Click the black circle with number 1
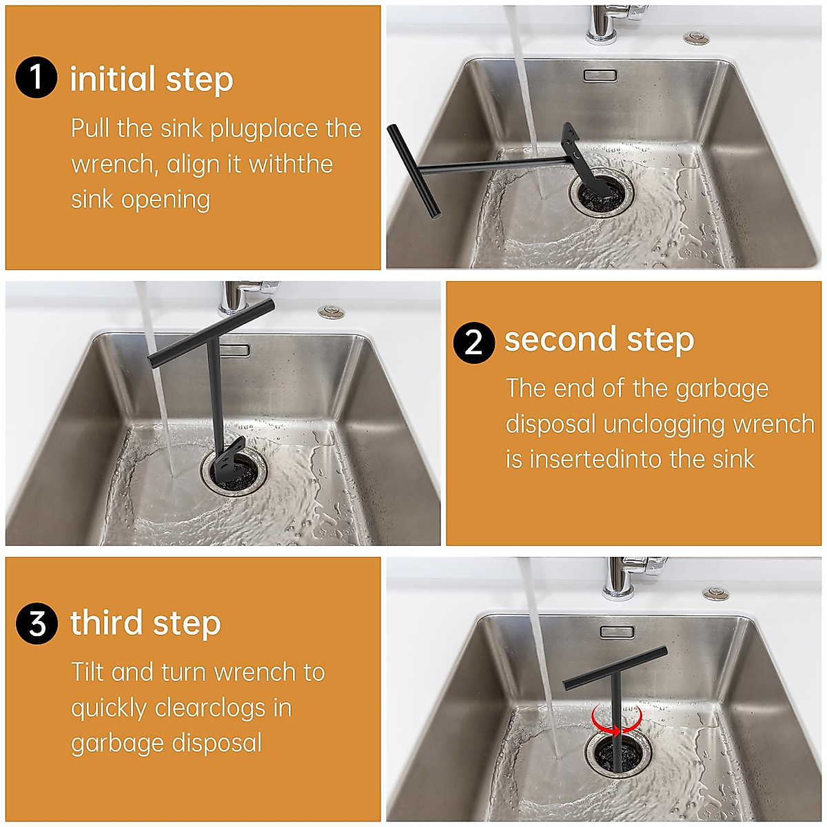point(36,78)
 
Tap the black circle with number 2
point(473,343)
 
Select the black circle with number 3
point(37,623)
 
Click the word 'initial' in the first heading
point(112,79)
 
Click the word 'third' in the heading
point(106,623)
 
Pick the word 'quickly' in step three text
point(109,709)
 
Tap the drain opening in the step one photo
point(601,193)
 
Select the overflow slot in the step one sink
point(601,75)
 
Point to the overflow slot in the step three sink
point(617,632)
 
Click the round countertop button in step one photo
point(696,38)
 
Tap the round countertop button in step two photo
point(331,312)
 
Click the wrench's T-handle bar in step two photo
point(211,334)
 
